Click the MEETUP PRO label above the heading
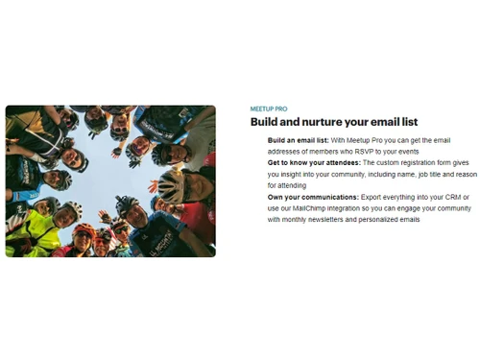268,109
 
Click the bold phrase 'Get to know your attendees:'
314,164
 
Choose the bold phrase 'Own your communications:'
310,197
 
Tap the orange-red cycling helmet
85,230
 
